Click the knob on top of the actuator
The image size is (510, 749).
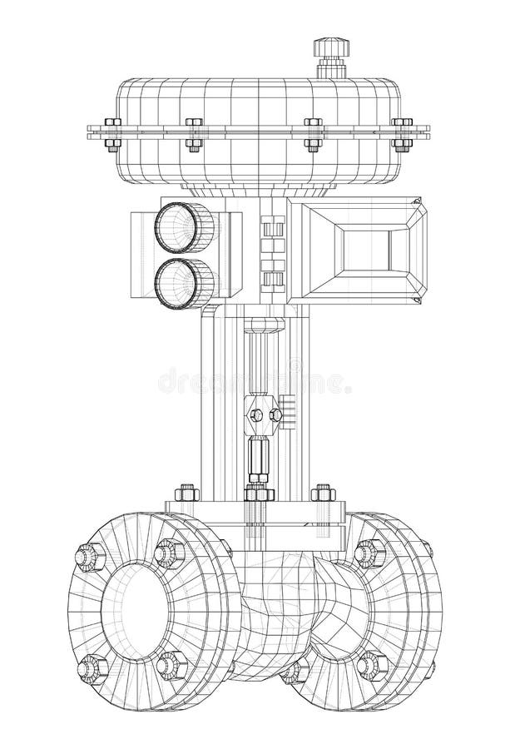[326, 49]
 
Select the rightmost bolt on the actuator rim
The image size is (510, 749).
[402, 133]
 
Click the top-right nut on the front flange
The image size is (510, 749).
[169, 551]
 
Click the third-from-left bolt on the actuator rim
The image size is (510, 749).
[314, 133]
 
